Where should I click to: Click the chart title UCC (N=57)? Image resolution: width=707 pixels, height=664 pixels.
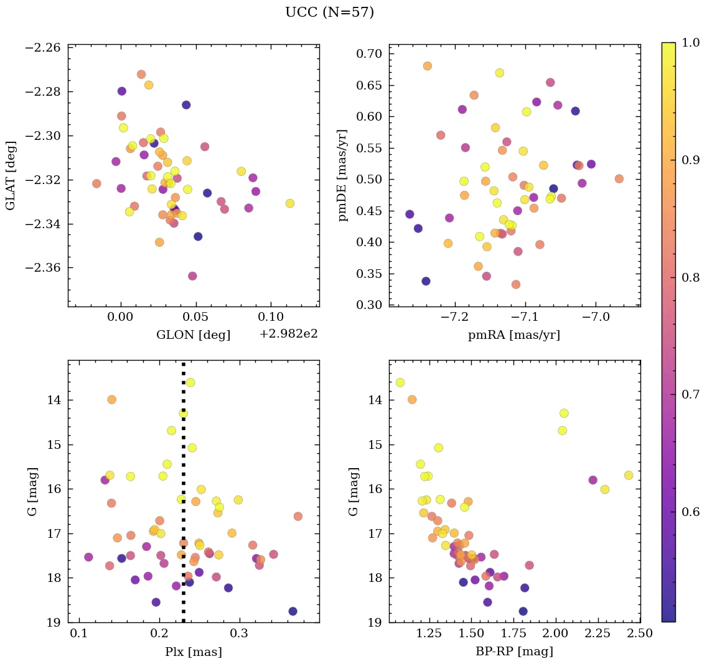click(x=329, y=12)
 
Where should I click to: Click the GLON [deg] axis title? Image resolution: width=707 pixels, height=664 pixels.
click(x=193, y=335)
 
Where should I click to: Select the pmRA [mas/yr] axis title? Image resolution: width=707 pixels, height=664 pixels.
click(x=514, y=335)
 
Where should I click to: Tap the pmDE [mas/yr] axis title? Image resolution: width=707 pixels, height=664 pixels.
click(x=343, y=175)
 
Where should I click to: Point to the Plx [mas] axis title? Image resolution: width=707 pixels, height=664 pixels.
click(x=193, y=652)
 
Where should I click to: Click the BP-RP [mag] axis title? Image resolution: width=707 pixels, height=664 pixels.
click(x=514, y=652)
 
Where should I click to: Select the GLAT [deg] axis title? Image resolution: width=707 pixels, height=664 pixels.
click(x=12, y=175)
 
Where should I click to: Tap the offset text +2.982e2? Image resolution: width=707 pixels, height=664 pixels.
click(x=288, y=334)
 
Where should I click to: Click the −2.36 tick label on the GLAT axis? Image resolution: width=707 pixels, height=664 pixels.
click(x=42, y=268)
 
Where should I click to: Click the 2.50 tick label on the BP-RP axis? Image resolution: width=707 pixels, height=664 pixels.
click(x=640, y=634)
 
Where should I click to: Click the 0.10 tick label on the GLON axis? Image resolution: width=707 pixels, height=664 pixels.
click(x=271, y=318)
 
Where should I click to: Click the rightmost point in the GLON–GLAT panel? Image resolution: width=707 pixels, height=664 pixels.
click(x=289, y=203)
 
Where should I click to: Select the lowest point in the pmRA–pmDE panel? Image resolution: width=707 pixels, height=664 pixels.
click(x=426, y=281)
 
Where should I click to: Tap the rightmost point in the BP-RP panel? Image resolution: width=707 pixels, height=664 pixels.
click(x=629, y=475)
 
